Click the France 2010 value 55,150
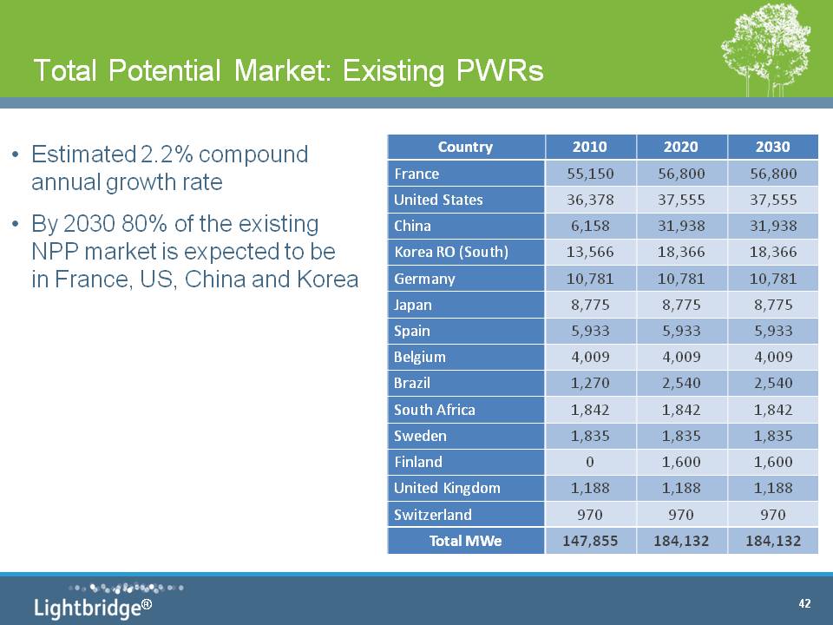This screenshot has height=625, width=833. pos(590,174)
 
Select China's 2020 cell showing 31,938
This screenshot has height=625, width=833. pos(681,226)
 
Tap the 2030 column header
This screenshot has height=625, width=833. pos(773,148)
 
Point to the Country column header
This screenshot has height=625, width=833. pos(465,148)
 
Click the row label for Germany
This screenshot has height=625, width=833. pos(424,279)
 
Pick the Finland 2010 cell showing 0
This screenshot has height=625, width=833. pos(590,462)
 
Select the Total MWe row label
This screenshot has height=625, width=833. pos(465,541)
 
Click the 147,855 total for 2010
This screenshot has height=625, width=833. pos(590,541)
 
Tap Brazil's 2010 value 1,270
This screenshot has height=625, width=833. pos(590,383)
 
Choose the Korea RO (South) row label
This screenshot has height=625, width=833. pos(451,252)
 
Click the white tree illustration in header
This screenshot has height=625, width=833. pos(765,50)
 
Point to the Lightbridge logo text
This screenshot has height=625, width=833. pos(93,608)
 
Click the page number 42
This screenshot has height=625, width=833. pos(804,603)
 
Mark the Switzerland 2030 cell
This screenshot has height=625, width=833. pos(773,515)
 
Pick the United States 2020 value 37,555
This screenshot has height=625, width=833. pos(681,200)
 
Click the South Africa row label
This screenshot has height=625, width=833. pos(435,410)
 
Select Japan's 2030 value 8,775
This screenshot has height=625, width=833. pos(773,305)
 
